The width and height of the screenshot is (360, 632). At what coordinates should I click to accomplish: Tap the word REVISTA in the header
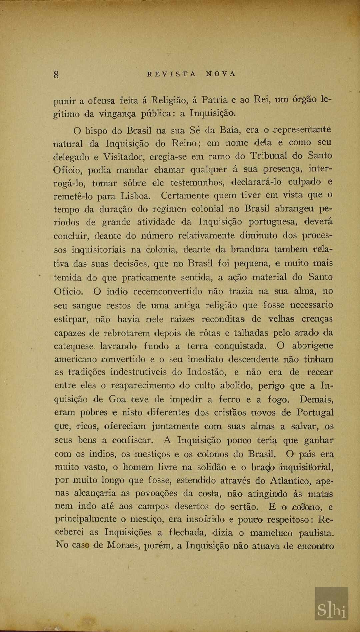tap(171, 74)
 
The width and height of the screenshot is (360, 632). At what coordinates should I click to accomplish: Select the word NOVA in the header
tap(220, 74)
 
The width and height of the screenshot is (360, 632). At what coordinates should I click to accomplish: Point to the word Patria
tap(215, 100)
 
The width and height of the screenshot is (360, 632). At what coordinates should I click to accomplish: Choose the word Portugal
tap(315, 413)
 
